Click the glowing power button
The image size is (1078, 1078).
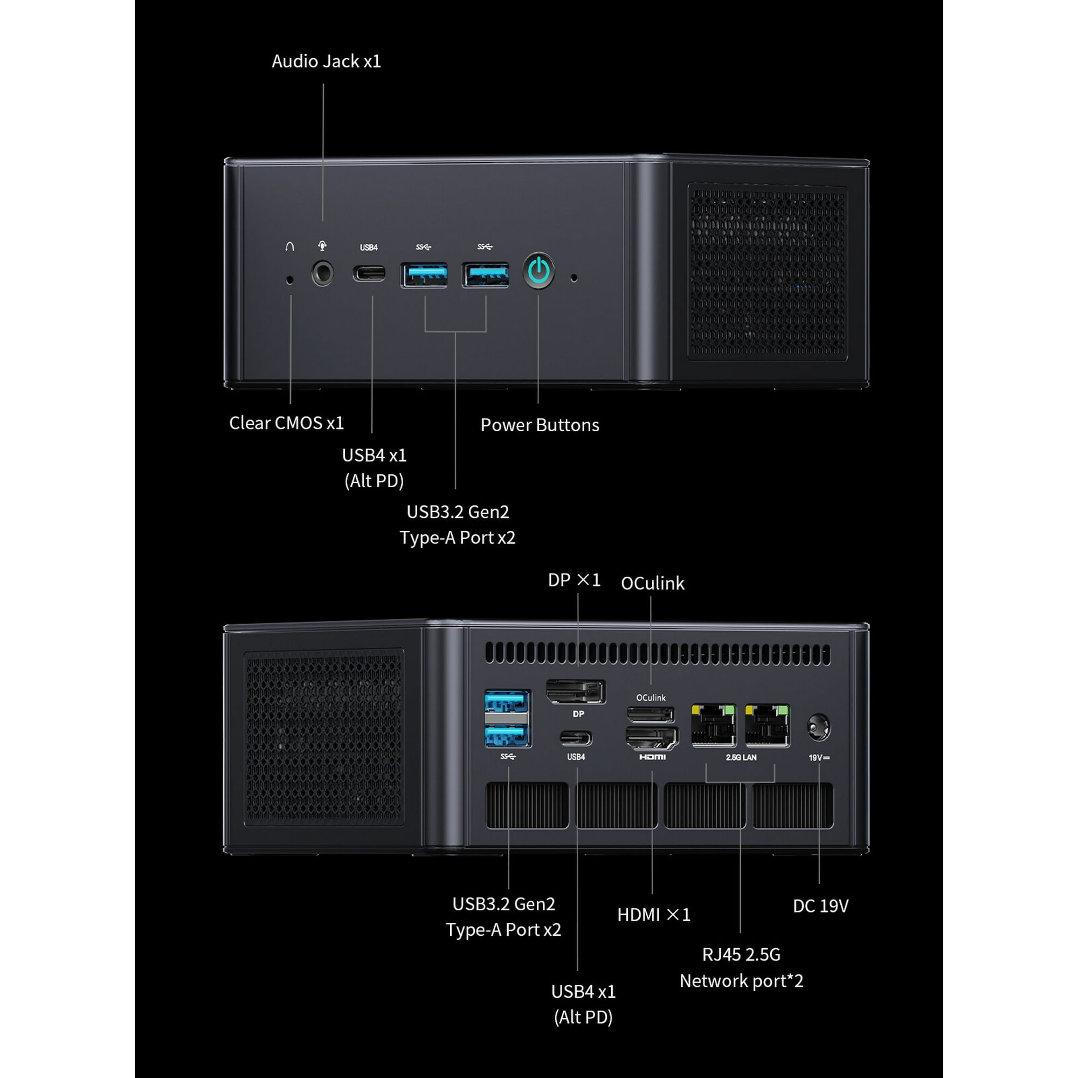[x=539, y=271]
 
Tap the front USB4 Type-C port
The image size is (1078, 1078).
[x=369, y=273]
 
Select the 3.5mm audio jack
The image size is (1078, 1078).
[x=322, y=273]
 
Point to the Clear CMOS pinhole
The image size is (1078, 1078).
[x=289, y=280]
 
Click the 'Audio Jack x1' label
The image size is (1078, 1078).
[x=327, y=61]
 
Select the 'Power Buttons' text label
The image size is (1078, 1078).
[x=540, y=425]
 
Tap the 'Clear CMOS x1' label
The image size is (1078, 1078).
[x=286, y=423]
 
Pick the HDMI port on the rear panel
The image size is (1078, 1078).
[x=652, y=738]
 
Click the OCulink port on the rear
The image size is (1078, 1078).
[x=651, y=715]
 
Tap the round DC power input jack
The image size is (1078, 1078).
[x=819, y=728]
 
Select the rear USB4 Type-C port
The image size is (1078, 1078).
[x=576, y=738]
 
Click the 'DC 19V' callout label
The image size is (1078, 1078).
[x=821, y=906]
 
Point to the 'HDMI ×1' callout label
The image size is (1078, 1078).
[x=654, y=915]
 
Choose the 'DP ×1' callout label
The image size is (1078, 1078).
[x=574, y=581]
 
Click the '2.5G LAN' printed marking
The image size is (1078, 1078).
[x=741, y=757]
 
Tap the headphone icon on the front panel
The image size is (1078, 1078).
[x=289, y=246]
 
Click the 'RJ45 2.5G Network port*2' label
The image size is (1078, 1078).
[x=741, y=967]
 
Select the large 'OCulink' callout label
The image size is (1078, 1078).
[x=652, y=583]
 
